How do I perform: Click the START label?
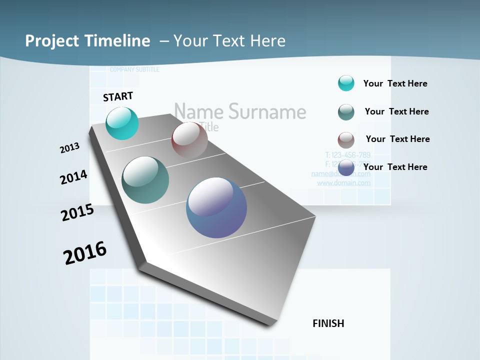pyautogui.click(x=118, y=96)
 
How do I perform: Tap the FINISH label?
pyautogui.click(x=328, y=323)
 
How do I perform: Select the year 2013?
pyautogui.click(x=70, y=148)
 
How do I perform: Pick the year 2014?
pyautogui.click(x=74, y=177)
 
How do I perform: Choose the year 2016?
pyautogui.click(x=85, y=252)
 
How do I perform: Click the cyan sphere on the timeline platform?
pyautogui.click(x=122, y=123)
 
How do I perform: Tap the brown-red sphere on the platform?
pyautogui.click(x=189, y=140)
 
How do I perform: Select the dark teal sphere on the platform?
pyautogui.click(x=145, y=180)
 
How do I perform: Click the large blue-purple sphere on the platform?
pyautogui.click(x=216, y=207)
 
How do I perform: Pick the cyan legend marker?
pyautogui.click(x=346, y=83)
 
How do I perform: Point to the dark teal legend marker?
pyautogui.click(x=346, y=112)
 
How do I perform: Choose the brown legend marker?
pyautogui.click(x=346, y=140)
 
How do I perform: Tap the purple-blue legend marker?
pyautogui.click(x=346, y=167)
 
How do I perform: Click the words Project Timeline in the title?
pyautogui.click(x=87, y=41)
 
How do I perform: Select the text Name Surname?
pyautogui.click(x=240, y=111)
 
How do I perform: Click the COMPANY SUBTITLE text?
pyautogui.click(x=134, y=69)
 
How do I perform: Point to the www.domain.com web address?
pyautogui.click(x=344, y=183)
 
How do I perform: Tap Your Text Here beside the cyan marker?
pyautogui.click(x=395, y=83)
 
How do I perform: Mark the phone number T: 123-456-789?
pyautogui.click(x=347, y=155)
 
